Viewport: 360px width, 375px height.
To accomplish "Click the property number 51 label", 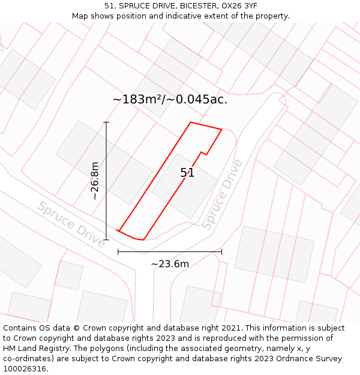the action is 187,173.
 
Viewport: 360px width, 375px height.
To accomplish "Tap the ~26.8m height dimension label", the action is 95,181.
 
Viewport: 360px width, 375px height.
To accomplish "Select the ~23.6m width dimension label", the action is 170,264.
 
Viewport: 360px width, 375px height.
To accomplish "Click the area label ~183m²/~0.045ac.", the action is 170,100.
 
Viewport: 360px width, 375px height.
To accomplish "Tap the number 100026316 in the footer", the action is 24,369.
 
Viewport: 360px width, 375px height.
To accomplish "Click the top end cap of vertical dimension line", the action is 106,122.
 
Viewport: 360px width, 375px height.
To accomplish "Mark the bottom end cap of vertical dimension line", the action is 106,240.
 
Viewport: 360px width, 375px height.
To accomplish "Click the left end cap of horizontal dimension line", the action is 118,252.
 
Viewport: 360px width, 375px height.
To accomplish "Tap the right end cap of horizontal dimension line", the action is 221,252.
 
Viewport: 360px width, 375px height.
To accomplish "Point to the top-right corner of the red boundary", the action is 222,129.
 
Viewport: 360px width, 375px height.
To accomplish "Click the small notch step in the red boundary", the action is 204,154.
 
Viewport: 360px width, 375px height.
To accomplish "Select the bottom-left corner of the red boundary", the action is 118,230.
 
